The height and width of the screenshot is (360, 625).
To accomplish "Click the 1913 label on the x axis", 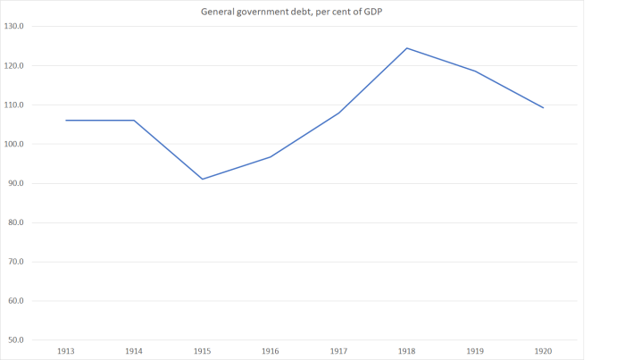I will click(66, 350).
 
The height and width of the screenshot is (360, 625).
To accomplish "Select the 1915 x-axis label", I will click(202, 350).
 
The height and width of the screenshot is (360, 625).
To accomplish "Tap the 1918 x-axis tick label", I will click(406, 350).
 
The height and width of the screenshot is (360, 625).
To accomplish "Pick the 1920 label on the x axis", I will click(543, 350).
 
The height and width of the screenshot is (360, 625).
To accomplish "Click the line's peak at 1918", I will click(406, 48).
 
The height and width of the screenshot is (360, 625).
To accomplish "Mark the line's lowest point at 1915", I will click(202, 179).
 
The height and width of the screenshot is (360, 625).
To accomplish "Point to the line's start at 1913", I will click(66, 120).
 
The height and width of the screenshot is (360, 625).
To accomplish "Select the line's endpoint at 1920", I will click(543, 107).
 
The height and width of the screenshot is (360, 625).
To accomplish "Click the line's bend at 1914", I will click(134, 120).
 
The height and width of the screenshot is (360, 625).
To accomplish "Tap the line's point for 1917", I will click(338, 113).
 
